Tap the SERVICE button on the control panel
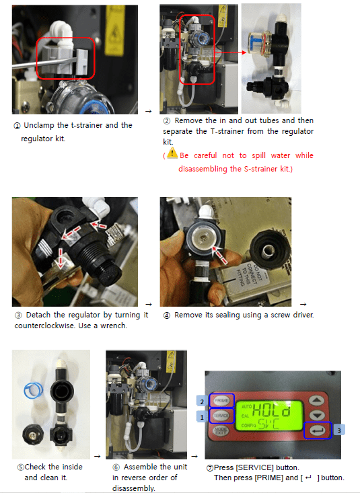(221, 416)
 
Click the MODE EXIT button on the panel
(221, 430)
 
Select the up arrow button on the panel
(316, 400)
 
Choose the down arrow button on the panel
(317, 416)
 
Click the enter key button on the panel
(318, 430)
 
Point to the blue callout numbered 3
(338, 430)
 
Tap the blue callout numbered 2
(202, 401)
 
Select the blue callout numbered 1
(202, 417)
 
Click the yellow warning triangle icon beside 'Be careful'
(172, 153)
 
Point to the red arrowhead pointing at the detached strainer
(244, 52)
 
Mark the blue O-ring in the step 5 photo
(34, 390)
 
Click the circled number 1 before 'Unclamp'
(17, 126)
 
